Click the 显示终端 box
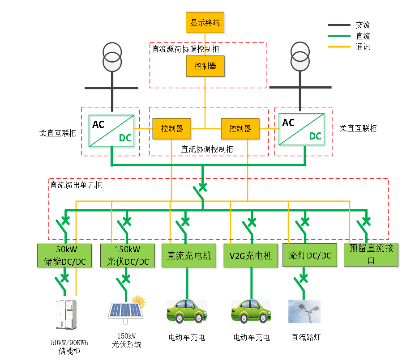(205, 23)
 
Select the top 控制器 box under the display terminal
(205, 66)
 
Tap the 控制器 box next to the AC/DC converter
(172, 129)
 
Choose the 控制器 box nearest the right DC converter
(240, 129)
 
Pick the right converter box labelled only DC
(302, 130)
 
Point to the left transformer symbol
(112, 57)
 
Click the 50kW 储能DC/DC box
(64, 255)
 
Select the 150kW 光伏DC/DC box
(128, 255)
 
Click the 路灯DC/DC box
(310, 256)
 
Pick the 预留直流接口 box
(371, 255)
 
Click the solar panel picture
(126, 309)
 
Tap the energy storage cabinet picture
(67, 314)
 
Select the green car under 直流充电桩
(187, 311)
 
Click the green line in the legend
(339, 36)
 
